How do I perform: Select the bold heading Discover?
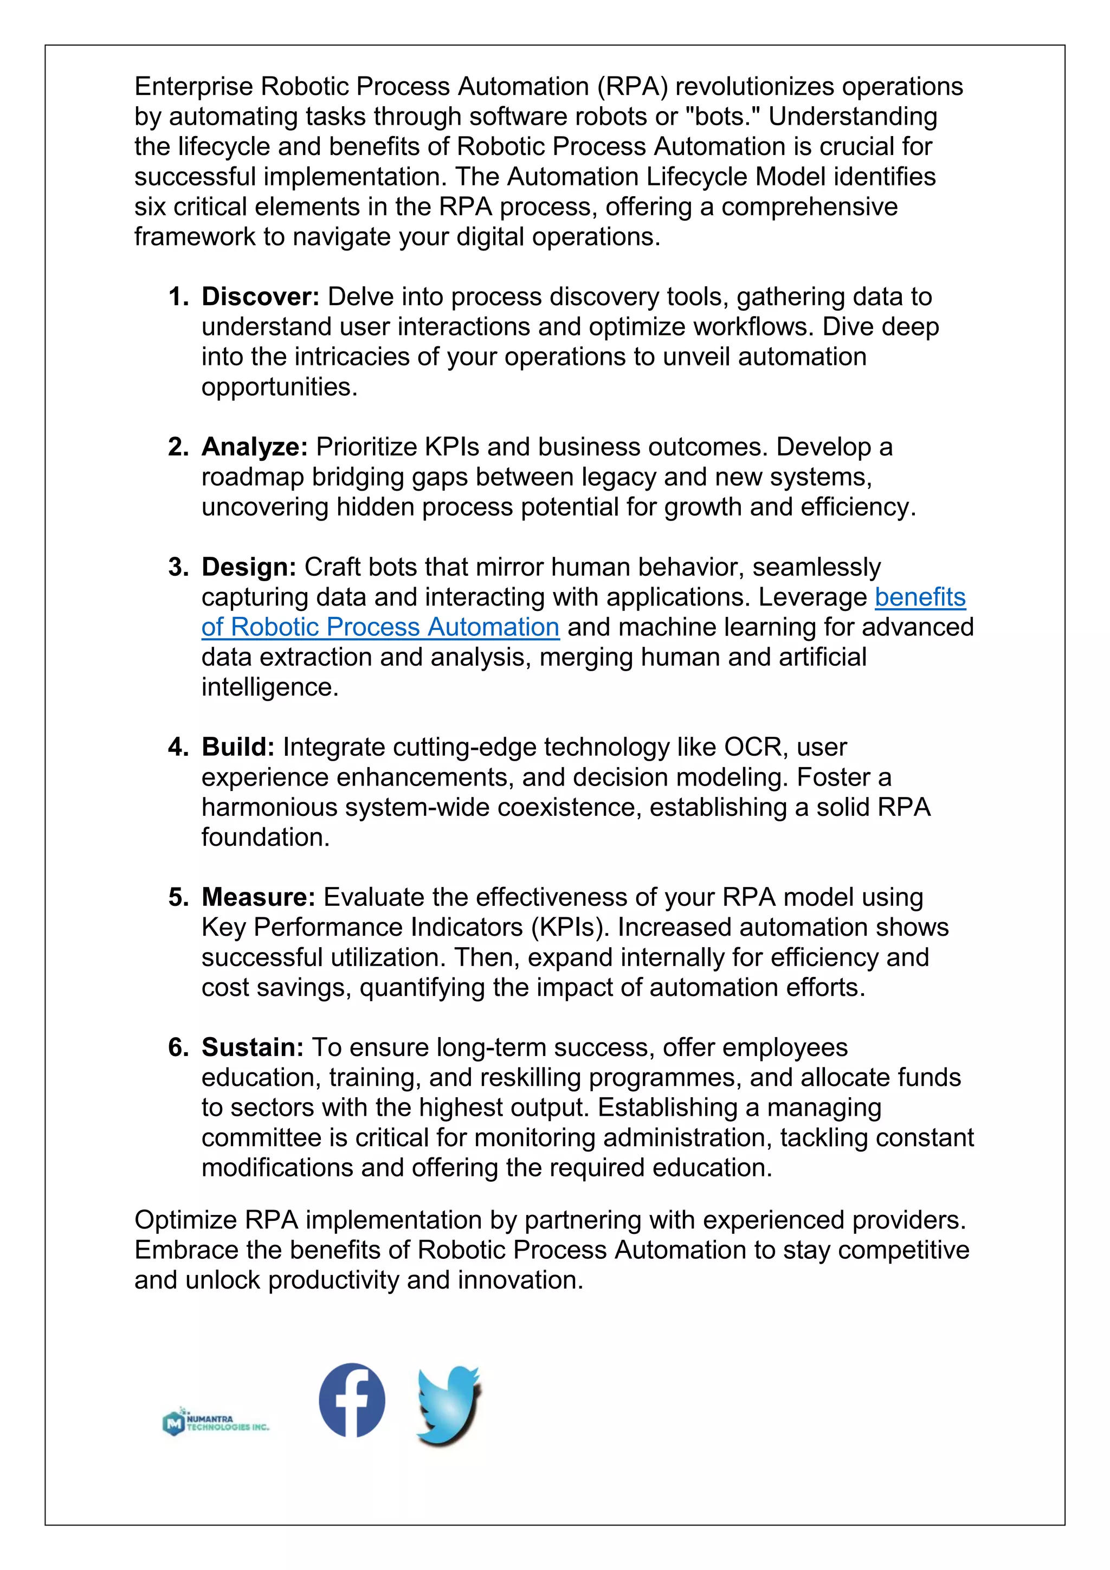coord(260,297)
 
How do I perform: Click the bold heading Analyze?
coord(255,447)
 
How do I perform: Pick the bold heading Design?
coord(249,567)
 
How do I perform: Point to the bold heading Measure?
coord(259,897)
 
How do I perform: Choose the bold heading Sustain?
coord(252,1047)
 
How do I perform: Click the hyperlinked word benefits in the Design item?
coord(920,597)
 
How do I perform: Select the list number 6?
coord(178,1047)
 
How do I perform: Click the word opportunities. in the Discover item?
coord(279,387)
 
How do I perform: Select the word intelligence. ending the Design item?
coord(269,687)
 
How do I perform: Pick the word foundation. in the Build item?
coord(265,837)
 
